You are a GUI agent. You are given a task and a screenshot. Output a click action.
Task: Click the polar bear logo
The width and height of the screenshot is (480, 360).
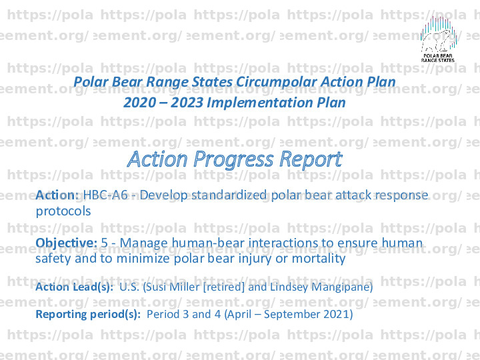pos(438,39)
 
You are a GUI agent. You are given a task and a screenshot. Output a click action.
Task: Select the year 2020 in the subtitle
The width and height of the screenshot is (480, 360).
pos(139,102)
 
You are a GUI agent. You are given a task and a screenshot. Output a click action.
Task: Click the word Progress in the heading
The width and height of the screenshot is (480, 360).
pos(233,159)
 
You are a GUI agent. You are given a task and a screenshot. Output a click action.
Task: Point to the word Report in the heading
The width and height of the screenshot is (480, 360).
pos(311,159)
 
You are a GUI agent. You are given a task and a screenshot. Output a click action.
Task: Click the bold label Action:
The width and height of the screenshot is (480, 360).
pos(57,195)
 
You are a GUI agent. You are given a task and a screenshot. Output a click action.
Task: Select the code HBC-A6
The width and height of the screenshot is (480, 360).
pos(105,195)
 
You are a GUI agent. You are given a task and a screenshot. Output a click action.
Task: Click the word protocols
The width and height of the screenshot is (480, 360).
pos(63,211)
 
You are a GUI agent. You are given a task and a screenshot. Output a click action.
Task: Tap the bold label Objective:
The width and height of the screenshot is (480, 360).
pos(67,243)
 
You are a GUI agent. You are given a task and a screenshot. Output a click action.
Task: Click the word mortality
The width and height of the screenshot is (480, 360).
pos(319,259)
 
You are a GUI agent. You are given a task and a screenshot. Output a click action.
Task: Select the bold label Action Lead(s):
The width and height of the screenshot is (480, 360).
pos(75,287)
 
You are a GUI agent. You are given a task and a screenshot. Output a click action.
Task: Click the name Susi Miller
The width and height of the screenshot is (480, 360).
pos(173,287)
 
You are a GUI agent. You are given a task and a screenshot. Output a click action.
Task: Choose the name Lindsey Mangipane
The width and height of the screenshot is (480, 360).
pos(320,287)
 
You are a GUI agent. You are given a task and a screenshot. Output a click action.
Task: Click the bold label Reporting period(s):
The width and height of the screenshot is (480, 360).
pos(88,315)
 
